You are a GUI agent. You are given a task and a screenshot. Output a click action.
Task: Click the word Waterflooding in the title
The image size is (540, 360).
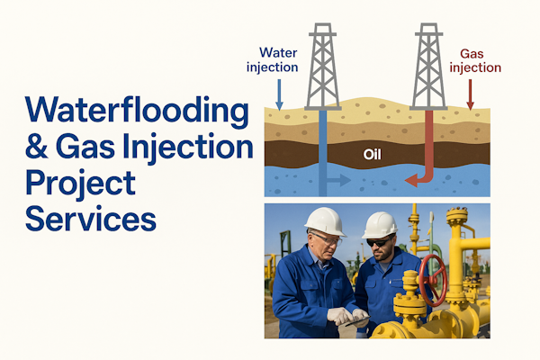click(x=137, y=111)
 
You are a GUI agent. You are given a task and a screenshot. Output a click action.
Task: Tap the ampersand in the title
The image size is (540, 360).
click(x=37, y=147)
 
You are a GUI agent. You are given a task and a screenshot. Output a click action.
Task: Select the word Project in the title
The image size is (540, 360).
click(x=81, y=184)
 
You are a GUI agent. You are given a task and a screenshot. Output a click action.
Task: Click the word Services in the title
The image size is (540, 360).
click(x=91, y=218)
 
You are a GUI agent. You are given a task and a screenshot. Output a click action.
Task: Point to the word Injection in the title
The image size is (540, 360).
click(x=188, y=148)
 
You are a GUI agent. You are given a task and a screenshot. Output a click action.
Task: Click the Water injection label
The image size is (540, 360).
click(x=272, y=59)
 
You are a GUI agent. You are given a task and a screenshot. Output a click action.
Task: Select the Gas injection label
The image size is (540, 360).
click(x=475, y=60)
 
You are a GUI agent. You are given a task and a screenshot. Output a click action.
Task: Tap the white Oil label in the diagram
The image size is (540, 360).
click(x=373, y=154)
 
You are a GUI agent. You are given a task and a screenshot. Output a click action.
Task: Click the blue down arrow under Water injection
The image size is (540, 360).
click(x=279, y=94)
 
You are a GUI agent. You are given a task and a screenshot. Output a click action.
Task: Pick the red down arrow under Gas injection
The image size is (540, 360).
click(x=471, y=94)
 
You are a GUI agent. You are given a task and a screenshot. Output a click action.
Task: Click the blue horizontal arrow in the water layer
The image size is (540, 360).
click(x=338, y=180)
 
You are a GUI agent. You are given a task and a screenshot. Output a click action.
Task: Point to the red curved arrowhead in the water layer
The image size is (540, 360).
click(x=412, y=180)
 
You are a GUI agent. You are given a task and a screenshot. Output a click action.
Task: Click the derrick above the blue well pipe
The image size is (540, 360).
click(x=323, y=67)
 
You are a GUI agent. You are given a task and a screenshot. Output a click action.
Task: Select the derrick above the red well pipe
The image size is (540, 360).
click(x=428, y=67)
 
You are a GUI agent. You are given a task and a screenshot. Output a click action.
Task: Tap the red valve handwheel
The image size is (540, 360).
click(x=433, y=280)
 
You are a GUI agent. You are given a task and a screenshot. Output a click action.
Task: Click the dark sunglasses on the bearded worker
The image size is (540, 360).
click(x=379, y=242)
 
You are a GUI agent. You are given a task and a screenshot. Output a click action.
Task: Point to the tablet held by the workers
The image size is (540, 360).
click(x=357, y=321)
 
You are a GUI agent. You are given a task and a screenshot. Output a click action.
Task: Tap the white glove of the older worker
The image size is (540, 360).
click(x=340, y=316)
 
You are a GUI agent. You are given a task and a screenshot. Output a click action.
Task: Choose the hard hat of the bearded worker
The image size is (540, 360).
click(x=380, y=225)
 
